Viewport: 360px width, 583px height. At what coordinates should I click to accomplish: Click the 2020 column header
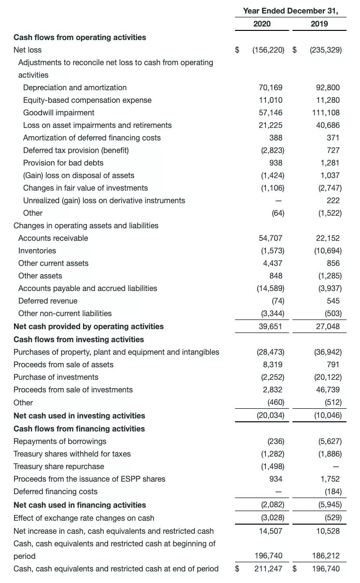point(262,24)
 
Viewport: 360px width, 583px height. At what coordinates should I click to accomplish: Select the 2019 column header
point(319,24)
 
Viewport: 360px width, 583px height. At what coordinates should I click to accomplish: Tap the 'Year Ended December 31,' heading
point(291,10)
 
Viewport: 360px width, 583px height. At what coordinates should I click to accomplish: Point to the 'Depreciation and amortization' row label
point(75,87)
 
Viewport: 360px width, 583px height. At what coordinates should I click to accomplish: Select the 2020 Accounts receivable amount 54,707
point(271,238)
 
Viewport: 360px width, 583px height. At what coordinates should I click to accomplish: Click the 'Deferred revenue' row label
point(48,301)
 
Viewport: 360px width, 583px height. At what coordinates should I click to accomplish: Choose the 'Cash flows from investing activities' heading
point(79,339)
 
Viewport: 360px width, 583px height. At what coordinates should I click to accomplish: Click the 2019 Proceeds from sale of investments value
point(328,389)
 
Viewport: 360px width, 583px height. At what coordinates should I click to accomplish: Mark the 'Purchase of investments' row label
point(56,377)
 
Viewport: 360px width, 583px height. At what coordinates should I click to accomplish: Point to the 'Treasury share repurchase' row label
point(59,466)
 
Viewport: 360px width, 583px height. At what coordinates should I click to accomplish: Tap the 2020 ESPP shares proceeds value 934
point(276,479)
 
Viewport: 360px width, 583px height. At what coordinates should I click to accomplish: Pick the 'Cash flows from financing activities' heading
point(79,429)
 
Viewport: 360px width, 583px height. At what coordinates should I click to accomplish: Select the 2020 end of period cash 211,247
point(268,569)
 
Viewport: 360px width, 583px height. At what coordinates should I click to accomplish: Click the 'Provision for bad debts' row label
point(63,163)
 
